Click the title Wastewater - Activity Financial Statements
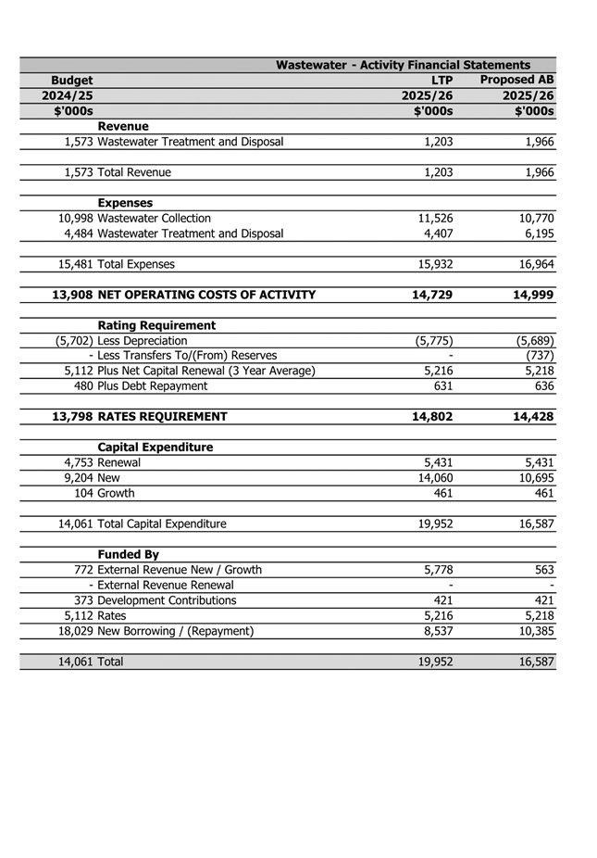(403, 65)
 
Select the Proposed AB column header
(517, 81)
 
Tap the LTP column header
(441, 81)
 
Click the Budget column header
(71, 81)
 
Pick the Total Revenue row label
(134, 172)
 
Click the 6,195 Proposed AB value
(536, 233)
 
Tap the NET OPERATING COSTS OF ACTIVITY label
(206, 295)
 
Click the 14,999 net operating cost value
(531, 295)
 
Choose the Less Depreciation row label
(143, 341)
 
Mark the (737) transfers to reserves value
(539, 356)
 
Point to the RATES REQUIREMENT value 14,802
(431, 417)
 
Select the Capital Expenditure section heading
(155, 448)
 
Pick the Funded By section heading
(129, 555)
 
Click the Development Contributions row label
(167, 600)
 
